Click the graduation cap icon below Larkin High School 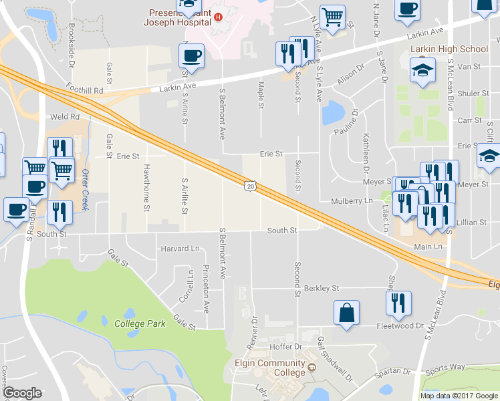coord(422,72)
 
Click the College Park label coord(140,323)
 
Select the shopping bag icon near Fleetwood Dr coord(347,313)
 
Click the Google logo coord(22,393)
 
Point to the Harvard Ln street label coord(180,249)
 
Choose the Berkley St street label coord(322,288)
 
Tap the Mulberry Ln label coord(352,200)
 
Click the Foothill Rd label coord(85,90)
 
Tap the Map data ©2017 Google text coord(458,396)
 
